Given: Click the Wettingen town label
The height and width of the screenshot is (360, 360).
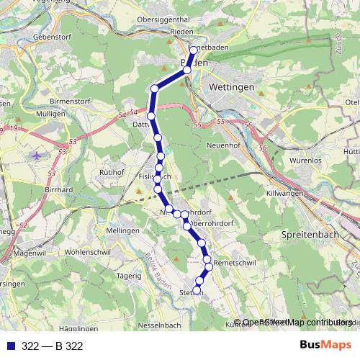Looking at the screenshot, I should (x=232, y=86).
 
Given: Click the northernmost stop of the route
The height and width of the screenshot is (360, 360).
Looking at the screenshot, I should (x=193, y=50).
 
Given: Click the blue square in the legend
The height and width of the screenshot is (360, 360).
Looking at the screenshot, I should (x=9, y=346).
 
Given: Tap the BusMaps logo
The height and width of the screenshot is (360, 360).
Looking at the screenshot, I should (x=323, y=346).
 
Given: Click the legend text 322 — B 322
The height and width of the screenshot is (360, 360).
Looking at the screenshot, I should (x=53, y=346).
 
